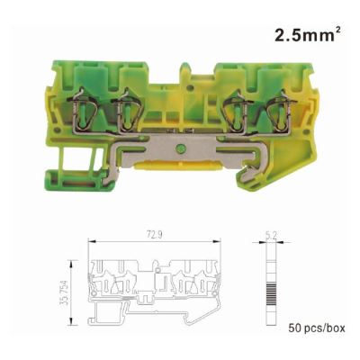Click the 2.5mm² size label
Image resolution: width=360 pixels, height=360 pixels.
308,35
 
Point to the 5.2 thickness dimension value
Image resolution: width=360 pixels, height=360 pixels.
271,237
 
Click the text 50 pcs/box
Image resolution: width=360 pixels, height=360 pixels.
317,328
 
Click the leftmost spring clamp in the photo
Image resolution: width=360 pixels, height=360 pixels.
83,110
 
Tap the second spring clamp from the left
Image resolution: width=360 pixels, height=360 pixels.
125,110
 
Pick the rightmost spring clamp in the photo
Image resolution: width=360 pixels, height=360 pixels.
282,111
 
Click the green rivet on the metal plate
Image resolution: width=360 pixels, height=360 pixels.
181,148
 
